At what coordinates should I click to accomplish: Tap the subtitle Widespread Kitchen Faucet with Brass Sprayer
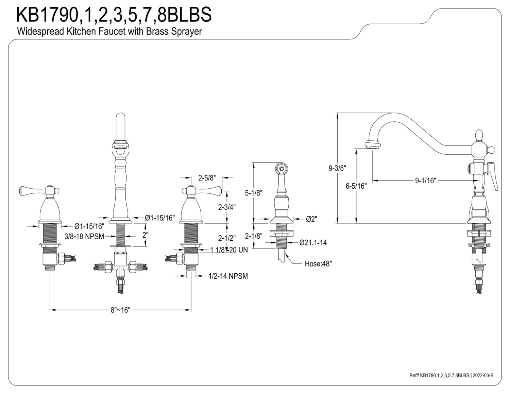[109, 32]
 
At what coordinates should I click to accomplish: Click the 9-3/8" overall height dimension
[337, 168]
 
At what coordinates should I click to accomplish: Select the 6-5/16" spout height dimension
[356, 186]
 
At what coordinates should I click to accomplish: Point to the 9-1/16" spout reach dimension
[425, 181]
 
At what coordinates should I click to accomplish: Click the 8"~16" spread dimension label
[120, 310]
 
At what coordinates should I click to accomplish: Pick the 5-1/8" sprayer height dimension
[254, 193]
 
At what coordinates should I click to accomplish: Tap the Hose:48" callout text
[318, 263]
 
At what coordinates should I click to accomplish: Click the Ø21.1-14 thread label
[313, 242]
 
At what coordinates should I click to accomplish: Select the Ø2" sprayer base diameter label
[311, 219]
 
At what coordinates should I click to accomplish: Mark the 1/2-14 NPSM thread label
[228, 276]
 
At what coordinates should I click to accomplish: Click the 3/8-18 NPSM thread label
[84, 236]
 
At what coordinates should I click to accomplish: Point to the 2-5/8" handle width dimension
[207, 177]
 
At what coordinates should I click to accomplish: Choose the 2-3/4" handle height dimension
[227, 207]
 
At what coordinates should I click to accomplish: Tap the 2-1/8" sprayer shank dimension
[254, 236]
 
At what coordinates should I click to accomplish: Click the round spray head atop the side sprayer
[281, 168]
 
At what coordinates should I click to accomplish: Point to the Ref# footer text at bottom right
[451, 375]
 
